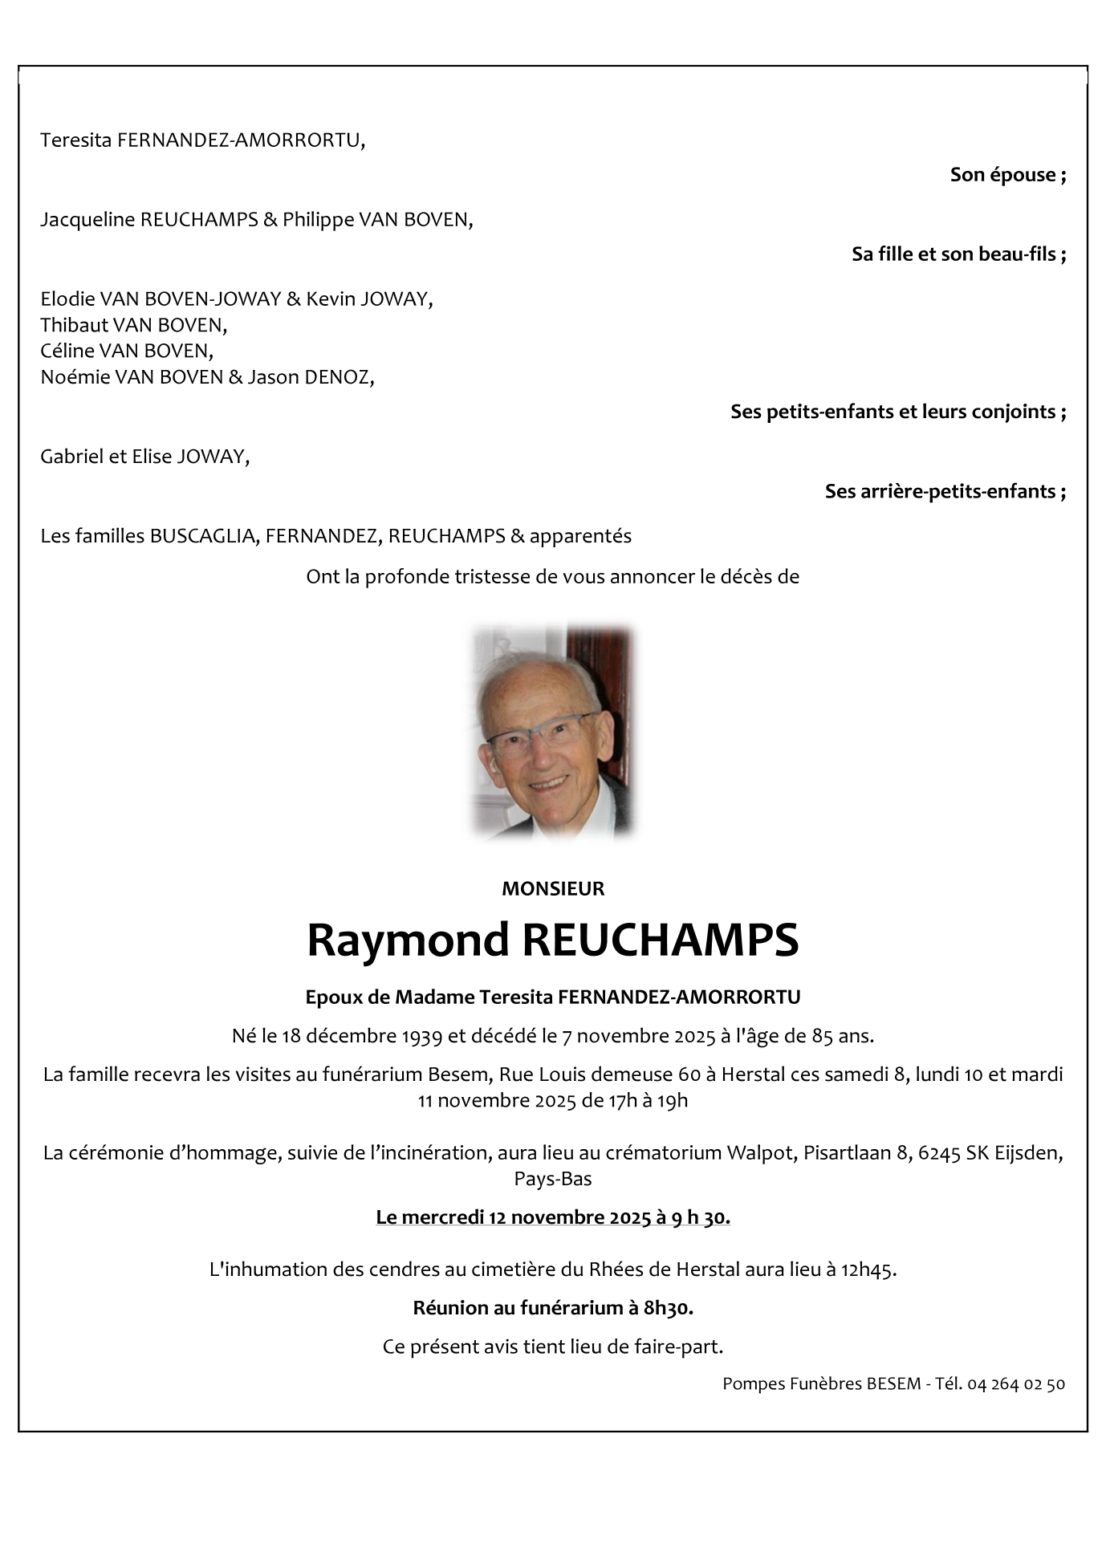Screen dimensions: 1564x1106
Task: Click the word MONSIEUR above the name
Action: tap(552, 889)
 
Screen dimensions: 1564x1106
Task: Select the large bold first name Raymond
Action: tap(408, 940)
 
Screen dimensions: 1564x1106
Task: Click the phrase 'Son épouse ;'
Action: tap(1007, 175)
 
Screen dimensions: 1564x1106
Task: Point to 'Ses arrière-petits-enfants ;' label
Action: tap(945, 491)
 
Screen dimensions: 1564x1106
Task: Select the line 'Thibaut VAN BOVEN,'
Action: tap(134, 325)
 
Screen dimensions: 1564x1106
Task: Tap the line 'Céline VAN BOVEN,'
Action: tap(127, 351)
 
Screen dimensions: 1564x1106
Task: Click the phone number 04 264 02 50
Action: tap(1016, 1384)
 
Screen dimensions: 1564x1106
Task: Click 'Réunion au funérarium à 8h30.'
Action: tap(553, 1309)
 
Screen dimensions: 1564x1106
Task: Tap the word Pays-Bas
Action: tap(553, 1179)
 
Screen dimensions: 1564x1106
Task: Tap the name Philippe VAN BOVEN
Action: tap(376, 219)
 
